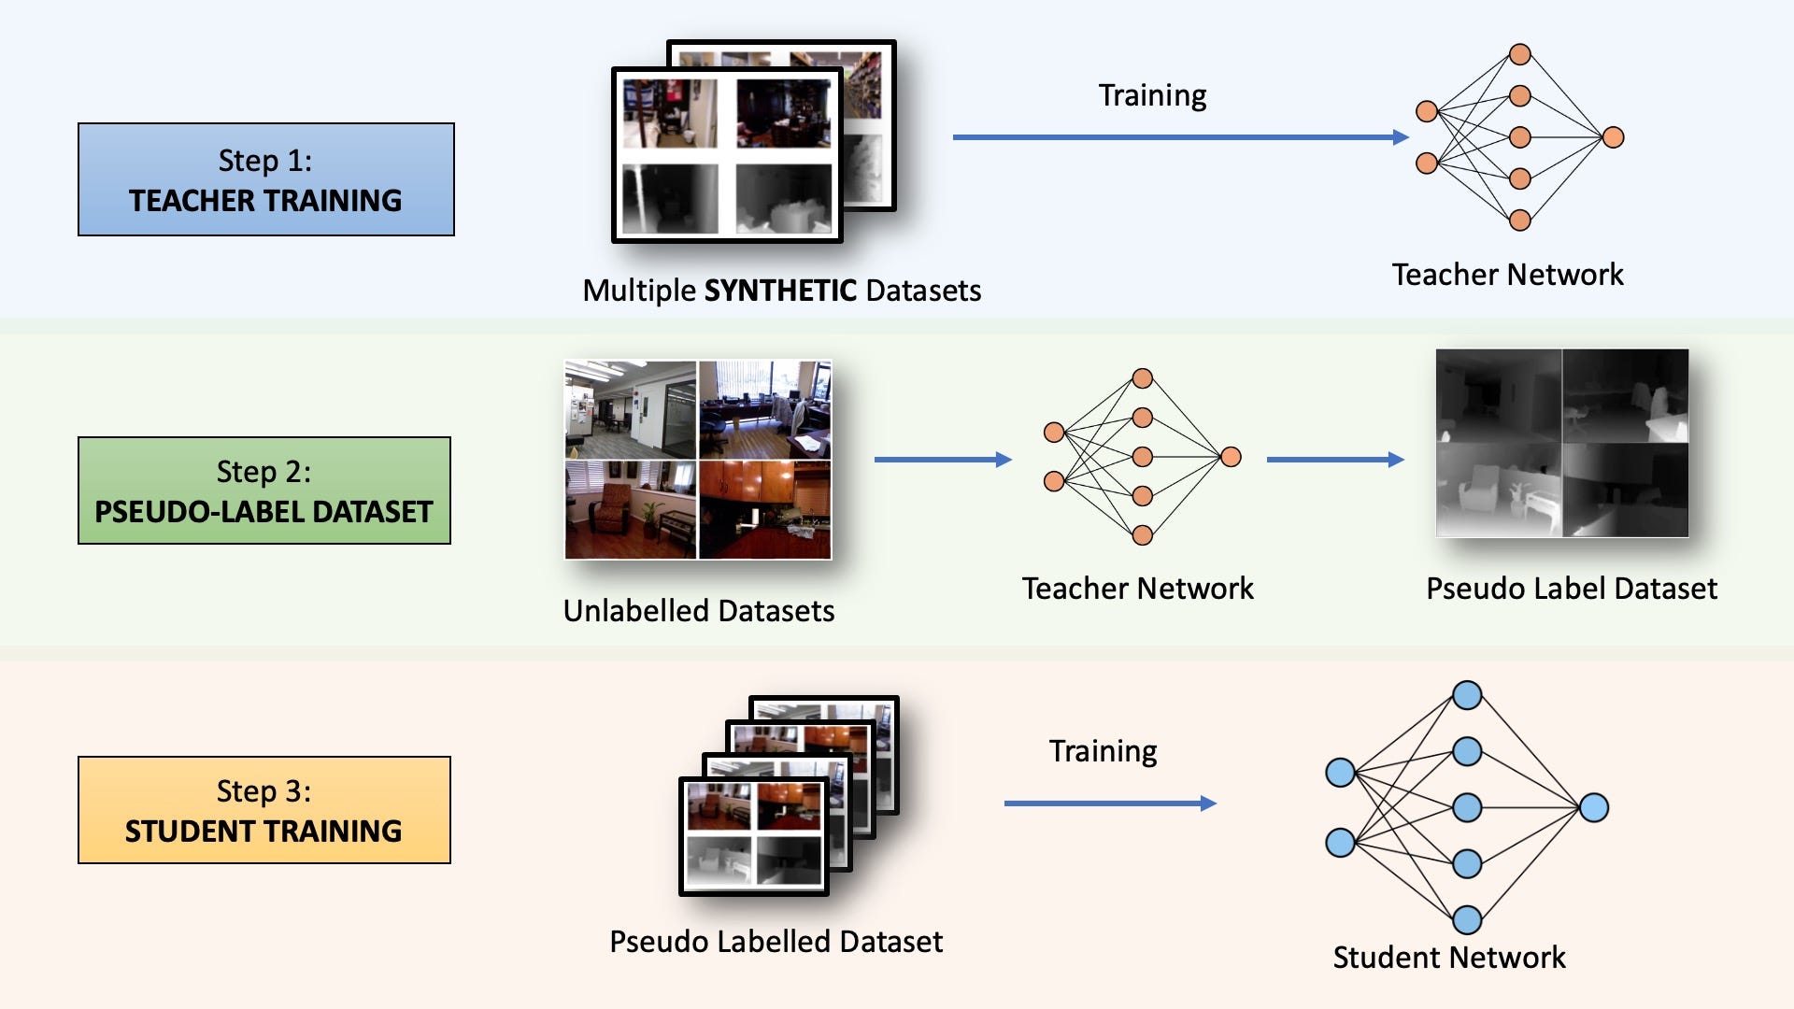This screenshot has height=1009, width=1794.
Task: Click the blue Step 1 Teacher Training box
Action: [266, 179]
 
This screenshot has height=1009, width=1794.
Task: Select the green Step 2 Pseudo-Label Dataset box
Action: [264, 490]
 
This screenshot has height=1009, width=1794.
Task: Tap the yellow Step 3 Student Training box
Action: [264, 810]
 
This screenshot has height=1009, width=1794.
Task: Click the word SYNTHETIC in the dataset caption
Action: [780, 291]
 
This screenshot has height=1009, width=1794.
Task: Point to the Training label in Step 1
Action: [1152, 95]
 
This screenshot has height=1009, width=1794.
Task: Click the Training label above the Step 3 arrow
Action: [1103, 751]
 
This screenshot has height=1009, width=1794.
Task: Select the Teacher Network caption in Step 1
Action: [1507, 275]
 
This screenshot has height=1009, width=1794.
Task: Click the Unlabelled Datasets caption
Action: [699, 611]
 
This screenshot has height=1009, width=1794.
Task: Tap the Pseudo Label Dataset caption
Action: [1572, 589]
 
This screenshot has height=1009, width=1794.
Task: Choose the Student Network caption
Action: [1448, 958]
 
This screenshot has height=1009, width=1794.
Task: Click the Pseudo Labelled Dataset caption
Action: [776, 942]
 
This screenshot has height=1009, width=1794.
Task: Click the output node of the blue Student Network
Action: [1594, 807]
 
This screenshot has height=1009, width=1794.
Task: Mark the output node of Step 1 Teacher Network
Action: [1614, 137]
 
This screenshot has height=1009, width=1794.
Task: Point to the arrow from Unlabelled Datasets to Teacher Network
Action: [943, 460]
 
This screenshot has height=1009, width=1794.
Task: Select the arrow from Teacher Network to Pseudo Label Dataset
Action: [1335, 460]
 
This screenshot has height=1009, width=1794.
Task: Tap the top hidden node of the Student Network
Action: [1467, 695]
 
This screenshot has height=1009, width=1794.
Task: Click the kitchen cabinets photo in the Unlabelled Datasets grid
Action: [765, 509]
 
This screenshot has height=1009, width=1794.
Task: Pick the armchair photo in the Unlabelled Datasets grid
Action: [631, 509]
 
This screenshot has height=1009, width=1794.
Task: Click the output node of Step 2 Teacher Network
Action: [1232, 457]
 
